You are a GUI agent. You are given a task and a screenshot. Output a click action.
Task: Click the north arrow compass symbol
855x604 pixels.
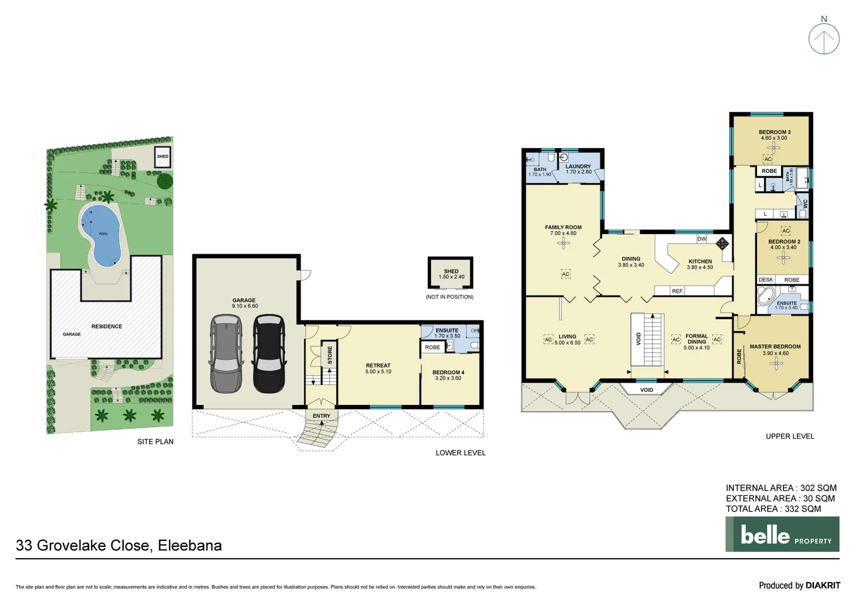tap(824, 39)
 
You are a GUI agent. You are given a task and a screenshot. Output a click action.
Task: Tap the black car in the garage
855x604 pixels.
tap(269, 353)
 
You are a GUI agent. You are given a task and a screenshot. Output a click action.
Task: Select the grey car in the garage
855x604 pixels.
tap(226, 353)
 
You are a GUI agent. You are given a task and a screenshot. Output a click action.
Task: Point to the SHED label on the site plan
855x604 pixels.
tap(162, 157)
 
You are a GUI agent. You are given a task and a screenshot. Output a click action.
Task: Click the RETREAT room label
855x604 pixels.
tap(378, 365)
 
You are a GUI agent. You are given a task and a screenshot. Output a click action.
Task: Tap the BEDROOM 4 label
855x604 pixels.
tap(448, 372)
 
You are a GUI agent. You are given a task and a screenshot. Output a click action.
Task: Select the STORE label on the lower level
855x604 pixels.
tap(330, 355)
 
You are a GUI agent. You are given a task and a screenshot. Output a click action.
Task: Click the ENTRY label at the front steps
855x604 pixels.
tap(322, 416)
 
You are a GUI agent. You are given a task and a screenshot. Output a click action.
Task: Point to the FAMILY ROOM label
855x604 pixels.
tap(563, 227)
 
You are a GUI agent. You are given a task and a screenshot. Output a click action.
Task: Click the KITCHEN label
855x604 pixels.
tap(700, 261)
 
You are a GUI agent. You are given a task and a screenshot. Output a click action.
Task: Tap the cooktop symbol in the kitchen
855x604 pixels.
tap(722, 243)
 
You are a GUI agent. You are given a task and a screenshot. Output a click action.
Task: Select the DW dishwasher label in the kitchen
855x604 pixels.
tap(702, 239)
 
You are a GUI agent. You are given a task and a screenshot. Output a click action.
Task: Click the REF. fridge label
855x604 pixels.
tap(677, 291)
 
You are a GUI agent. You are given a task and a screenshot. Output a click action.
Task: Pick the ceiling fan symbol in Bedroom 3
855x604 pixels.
tap(774, 148)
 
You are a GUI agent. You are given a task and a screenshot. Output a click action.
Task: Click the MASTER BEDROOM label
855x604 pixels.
tap(775, 346)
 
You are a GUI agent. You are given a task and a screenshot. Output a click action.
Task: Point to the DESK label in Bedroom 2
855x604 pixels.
tap(765, 280)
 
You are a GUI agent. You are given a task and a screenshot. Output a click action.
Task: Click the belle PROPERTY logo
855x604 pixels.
tap(782, 534)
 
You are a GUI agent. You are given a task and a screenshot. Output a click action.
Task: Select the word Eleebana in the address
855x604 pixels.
tap(190, 545)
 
